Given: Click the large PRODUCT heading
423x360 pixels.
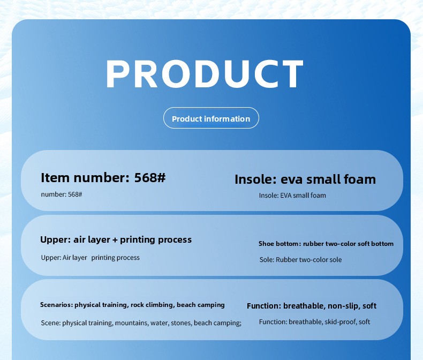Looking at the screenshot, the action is coord(205,74).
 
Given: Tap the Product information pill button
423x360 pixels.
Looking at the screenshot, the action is coord(211,118).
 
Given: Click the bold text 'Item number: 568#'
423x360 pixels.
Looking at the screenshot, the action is coord(103,178).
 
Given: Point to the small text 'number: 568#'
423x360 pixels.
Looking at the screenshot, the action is coord(62,194).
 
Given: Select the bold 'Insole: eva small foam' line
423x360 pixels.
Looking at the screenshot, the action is coord(305,179).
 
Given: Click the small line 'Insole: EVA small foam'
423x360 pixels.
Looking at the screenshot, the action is coord(292,196).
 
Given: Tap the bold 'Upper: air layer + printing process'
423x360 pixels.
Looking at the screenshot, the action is coord(116,239).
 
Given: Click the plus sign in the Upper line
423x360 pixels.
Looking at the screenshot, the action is coord(115,240).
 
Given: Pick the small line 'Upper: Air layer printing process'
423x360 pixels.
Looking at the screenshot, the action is coord(90,258).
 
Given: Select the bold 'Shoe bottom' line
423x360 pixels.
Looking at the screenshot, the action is coord(326,244).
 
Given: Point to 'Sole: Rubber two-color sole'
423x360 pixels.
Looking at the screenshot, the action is coord(300,260).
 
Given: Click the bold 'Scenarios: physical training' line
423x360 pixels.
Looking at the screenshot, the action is coord(132,305).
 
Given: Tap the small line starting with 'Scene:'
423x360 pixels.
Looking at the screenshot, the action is coord(141,323).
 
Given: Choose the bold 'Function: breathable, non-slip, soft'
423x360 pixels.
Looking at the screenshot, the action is coord(312,306).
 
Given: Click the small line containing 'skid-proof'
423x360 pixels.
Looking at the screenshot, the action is coord(314,322).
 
